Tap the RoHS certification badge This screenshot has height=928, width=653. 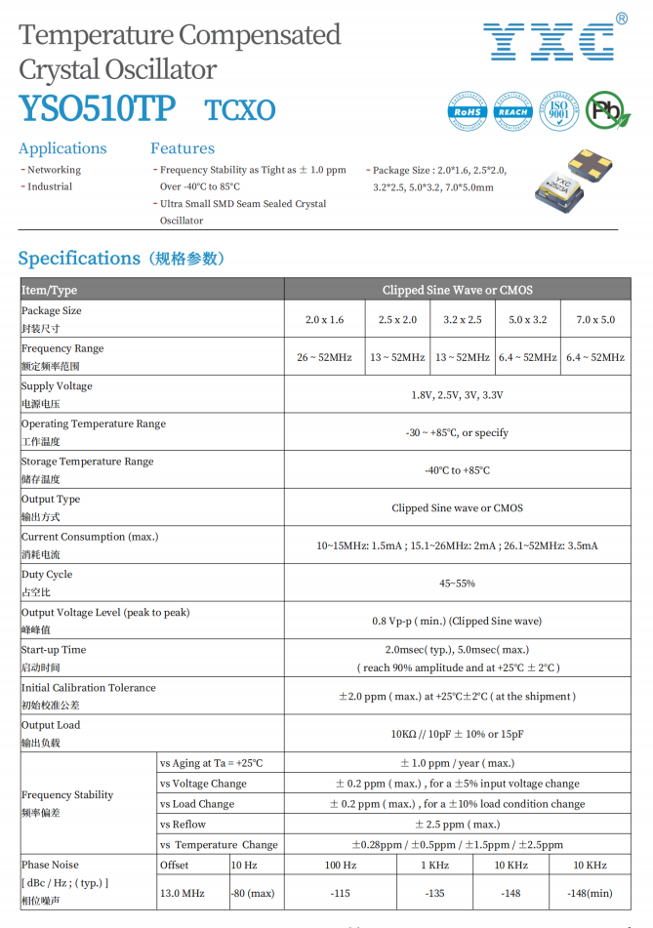point(468,111)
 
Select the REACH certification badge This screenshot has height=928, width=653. point(512,111)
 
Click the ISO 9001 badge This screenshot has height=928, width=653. point(558,111)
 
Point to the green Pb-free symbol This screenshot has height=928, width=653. point(606,111)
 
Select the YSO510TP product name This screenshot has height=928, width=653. point(97,109)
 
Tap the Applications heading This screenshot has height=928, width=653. point(62,148)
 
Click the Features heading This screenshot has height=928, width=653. point(183,148)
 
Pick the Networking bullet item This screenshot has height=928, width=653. point(54,170)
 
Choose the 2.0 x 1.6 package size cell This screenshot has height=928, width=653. point(324,320)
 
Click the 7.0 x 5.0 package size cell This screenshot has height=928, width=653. point(595,320)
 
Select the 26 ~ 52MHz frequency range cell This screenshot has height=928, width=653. point(324,358)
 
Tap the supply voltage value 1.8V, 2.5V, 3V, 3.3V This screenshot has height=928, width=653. point(457,395)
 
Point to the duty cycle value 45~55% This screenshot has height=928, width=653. point(457,584)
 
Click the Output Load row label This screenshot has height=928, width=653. point(51,726)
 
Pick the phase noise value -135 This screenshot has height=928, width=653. point(434,893)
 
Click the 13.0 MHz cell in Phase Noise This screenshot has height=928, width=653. point(183,893)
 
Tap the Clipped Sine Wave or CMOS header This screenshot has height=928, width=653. point(457,290)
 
